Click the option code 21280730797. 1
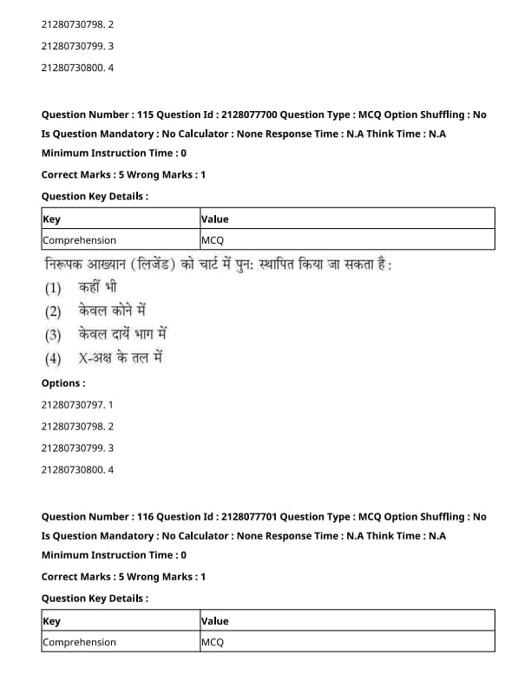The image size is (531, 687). (77, 404)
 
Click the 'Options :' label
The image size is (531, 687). (63, 383)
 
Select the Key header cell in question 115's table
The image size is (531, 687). (51, 219)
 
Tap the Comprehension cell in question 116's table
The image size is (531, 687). (79, 642)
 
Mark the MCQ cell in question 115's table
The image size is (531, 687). (213, 240)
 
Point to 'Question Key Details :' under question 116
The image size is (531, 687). (95, 598)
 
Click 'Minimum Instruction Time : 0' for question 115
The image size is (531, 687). (114, 153)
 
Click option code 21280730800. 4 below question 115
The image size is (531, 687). (77, 470)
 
